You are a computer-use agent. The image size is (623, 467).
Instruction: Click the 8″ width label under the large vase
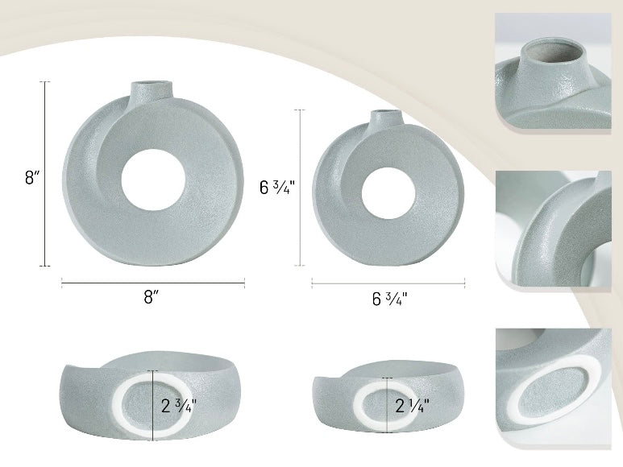tap(150, 296)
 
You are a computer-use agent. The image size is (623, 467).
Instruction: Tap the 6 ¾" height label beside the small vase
tap(277, 188)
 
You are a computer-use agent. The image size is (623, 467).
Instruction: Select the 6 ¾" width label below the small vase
tap(389, 299)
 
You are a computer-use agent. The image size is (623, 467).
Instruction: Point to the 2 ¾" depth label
tap(178, 404)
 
